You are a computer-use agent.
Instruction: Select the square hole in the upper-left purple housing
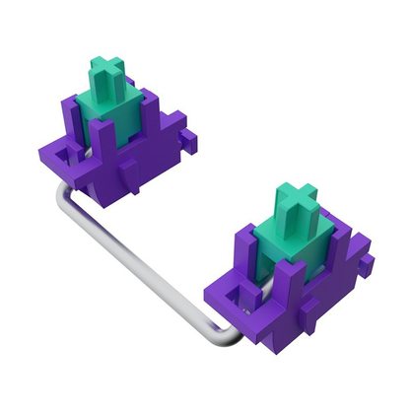point(66,155)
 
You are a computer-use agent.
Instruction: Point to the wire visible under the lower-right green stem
point(258,280)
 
